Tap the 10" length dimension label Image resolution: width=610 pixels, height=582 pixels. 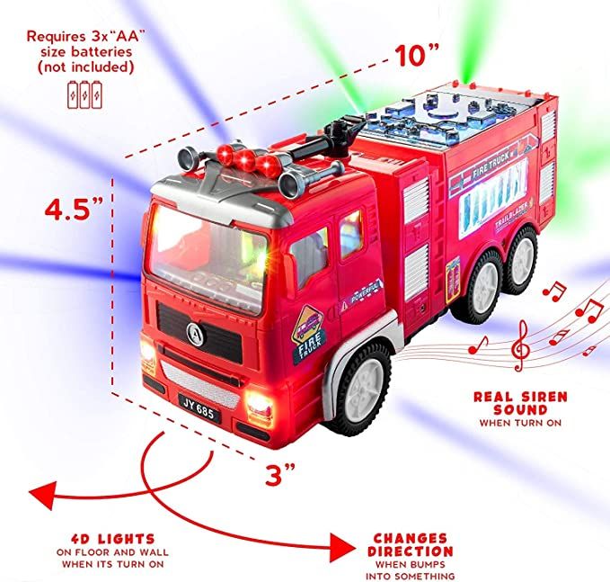click(x=415, y=56)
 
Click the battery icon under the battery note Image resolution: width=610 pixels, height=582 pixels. click(x=85, y=93)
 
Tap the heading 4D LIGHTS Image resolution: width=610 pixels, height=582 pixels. click(x=113, y=539)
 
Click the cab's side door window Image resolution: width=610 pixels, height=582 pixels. click(x=310, y=254)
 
